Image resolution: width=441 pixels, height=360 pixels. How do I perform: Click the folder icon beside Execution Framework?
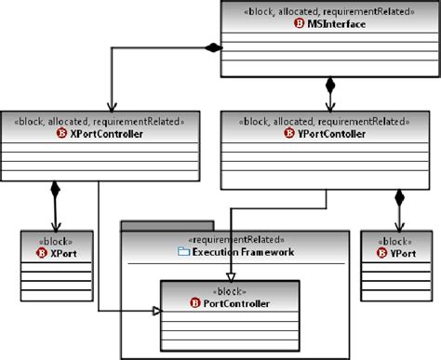click(x=182, y=250)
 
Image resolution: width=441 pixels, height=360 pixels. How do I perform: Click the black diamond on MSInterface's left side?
click(x=214, y=47)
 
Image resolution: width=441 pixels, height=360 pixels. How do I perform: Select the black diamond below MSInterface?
click(x=328, y=86)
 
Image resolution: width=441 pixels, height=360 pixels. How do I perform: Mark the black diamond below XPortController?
click(x=54, y=190)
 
